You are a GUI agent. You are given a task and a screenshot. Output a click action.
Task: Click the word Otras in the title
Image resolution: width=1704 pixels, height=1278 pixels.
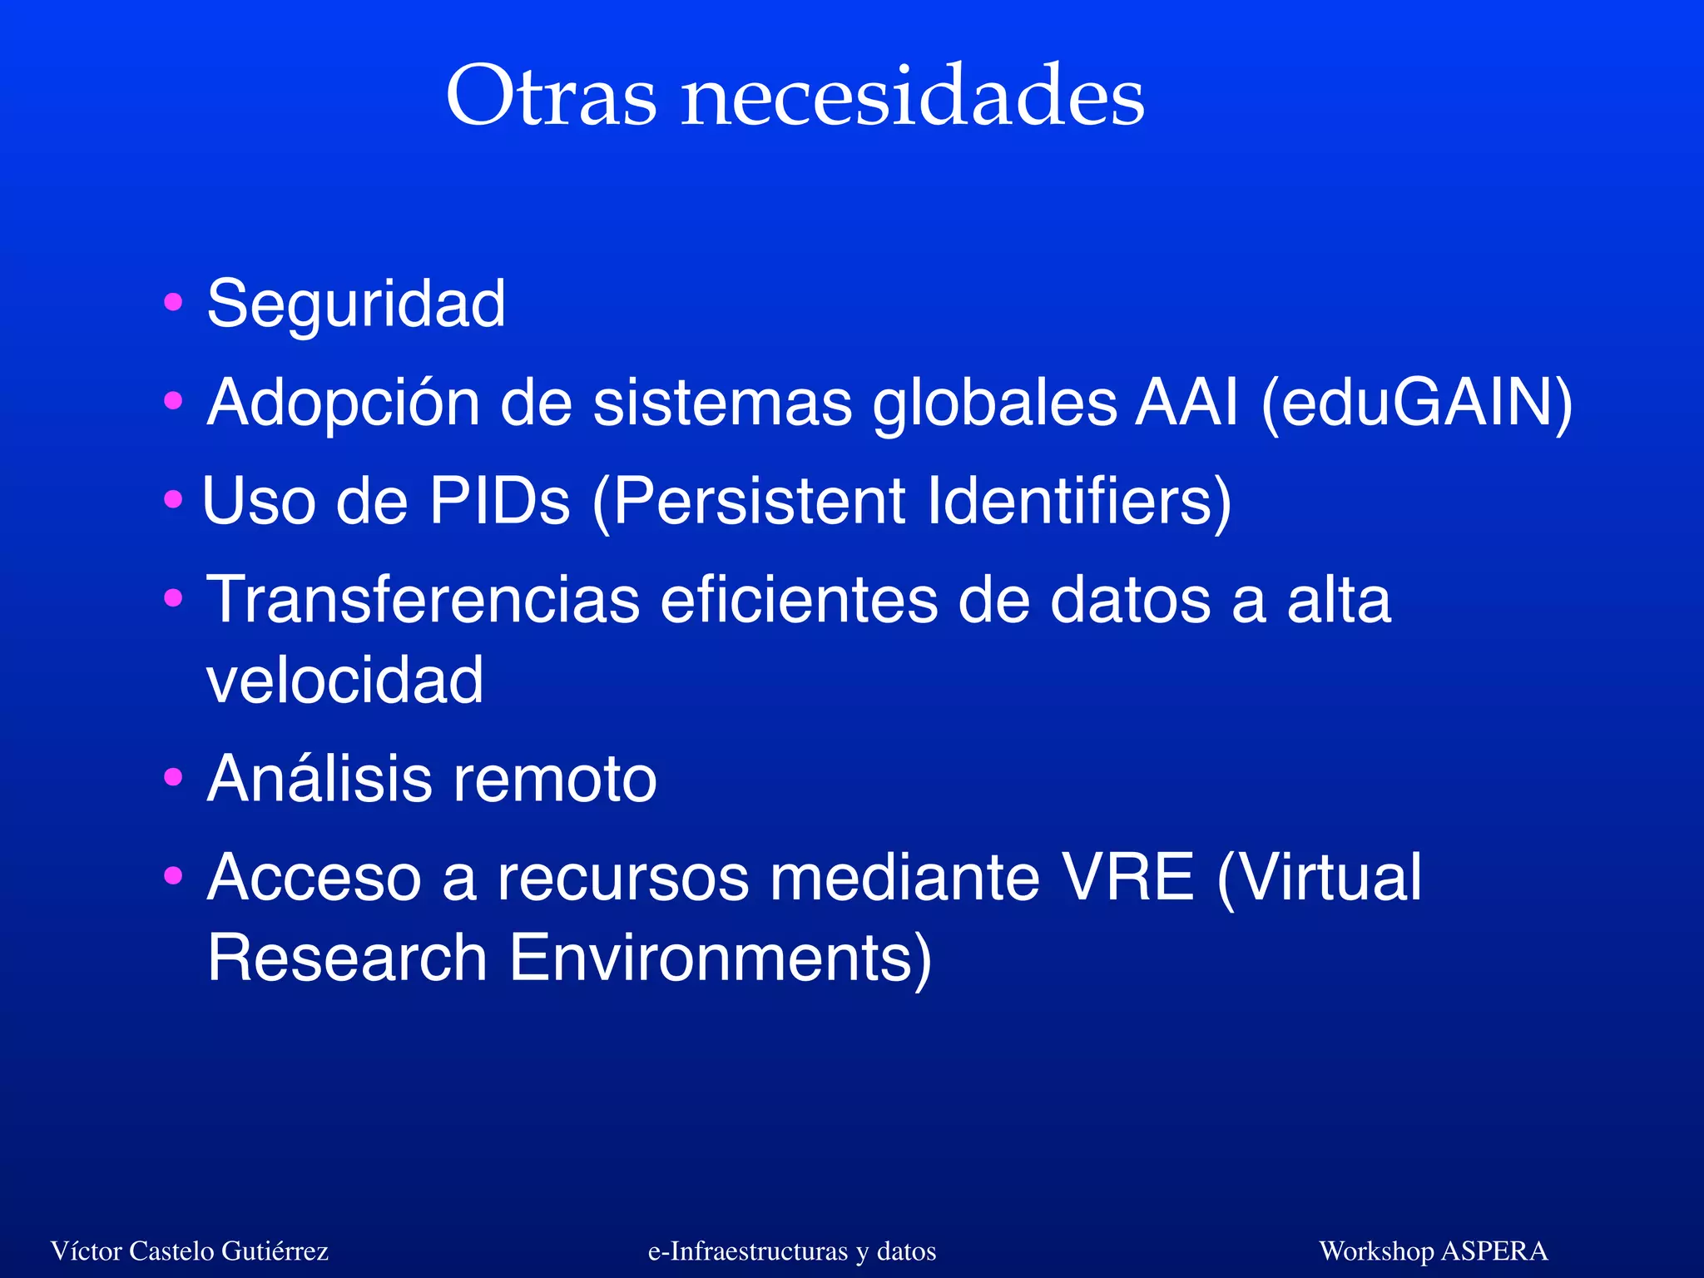coord(551,97)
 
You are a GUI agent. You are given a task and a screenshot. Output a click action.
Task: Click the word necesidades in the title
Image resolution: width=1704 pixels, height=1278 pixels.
coord(913,97)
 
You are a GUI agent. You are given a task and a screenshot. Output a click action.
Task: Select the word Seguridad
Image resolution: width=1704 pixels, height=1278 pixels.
coord(356,305)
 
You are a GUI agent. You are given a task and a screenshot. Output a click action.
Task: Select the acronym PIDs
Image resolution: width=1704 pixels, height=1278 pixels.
coord(499,502)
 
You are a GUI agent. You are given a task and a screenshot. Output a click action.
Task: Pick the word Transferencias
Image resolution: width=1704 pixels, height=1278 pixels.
coord(423,600)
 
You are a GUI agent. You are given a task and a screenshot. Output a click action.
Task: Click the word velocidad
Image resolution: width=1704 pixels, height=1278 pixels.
coord(344,681)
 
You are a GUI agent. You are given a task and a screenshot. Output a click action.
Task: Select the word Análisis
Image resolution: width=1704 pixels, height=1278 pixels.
coord(319,779)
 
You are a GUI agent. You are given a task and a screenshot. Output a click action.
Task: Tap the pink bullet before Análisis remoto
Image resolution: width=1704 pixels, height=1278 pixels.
coord(173,779)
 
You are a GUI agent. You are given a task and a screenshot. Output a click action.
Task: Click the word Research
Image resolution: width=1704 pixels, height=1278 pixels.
coord(346,958)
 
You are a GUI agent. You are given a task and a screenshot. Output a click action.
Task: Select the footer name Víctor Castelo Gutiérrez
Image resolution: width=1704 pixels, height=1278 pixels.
coord(190,1251)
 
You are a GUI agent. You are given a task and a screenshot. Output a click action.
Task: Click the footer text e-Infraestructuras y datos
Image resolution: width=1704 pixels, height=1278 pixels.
coord(792,1251)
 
